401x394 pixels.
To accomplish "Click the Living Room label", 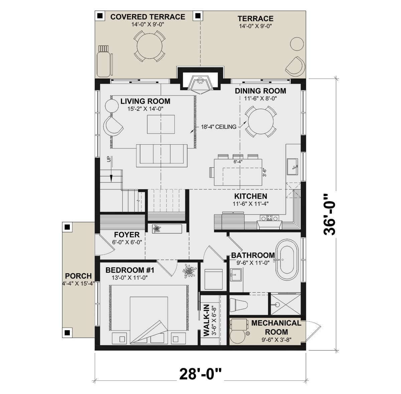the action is (145, 101).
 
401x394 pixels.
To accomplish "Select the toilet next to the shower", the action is (239, 305).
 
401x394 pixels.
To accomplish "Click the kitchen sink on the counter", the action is (293, 167).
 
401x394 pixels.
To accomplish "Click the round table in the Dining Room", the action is (261, 122).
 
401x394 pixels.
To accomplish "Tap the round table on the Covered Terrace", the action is (149, 46).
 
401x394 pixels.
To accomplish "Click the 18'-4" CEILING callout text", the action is (219, 127).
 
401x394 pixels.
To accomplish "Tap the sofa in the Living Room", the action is (162, 155).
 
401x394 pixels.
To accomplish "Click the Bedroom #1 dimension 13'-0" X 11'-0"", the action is (129, 278).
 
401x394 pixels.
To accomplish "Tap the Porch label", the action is (78, 276).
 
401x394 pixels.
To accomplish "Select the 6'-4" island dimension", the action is (238, 161).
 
